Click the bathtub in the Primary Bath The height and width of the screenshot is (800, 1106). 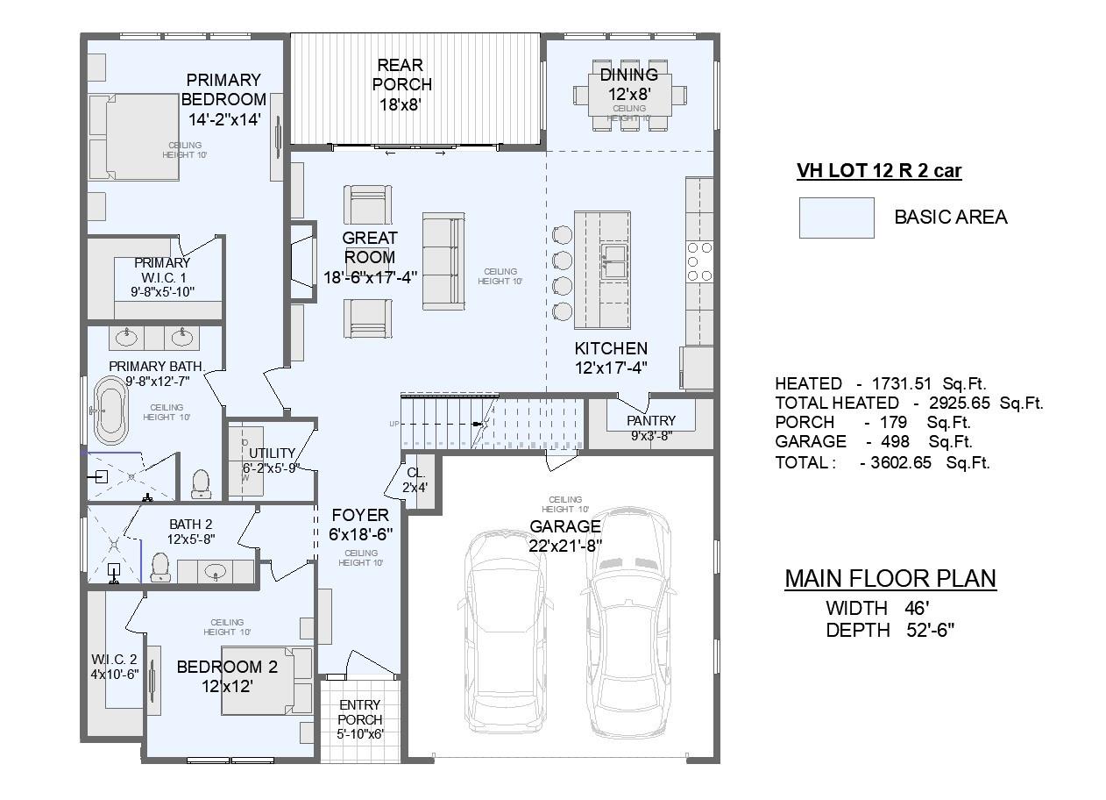pos(110,411)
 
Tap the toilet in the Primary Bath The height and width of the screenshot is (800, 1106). pos(201,483)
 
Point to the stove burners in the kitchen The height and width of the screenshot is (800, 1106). pos(699,261)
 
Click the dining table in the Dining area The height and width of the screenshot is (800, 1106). pos(629,95)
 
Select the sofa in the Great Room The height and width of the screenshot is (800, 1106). pos(443,261)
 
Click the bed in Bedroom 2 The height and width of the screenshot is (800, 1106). pos(266,681)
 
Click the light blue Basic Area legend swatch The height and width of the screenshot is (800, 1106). pos(836,218)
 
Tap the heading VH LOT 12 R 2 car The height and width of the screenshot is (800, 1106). pos(878,171)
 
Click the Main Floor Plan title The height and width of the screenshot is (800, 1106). pos(890,579)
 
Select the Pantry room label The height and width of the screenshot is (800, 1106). pos(651,421)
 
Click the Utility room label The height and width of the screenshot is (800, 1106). pos(272,454)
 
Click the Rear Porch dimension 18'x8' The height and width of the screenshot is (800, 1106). pos(401,104)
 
